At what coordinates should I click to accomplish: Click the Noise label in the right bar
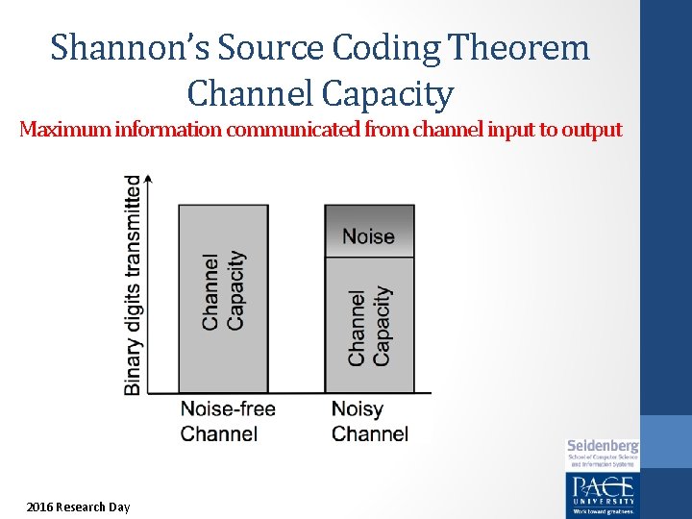[369, 236]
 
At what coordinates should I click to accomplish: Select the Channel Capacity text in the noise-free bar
[223, 291]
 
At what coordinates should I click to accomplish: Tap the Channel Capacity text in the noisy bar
[369, 326]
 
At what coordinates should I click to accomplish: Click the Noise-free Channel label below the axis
[228, 421]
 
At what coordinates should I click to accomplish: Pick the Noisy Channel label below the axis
[369, 421]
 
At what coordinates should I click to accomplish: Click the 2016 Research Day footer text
[78, 507]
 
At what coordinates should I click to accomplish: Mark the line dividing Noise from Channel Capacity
[369, 258]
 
